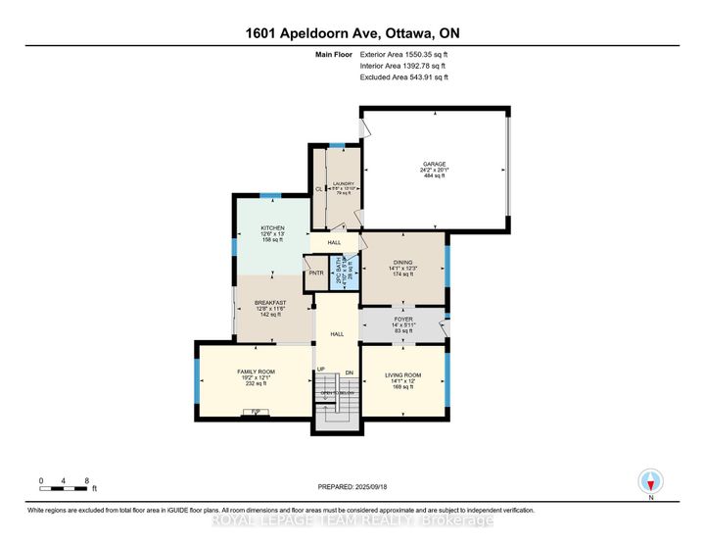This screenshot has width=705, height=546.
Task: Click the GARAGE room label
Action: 435,164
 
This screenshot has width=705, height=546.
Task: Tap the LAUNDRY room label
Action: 343,183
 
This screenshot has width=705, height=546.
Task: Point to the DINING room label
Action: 402,263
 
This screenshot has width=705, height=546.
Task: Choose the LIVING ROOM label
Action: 402,374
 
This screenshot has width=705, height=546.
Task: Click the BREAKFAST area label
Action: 270,303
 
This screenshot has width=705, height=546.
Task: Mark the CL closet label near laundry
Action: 319,189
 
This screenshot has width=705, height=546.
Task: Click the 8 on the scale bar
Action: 87,480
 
